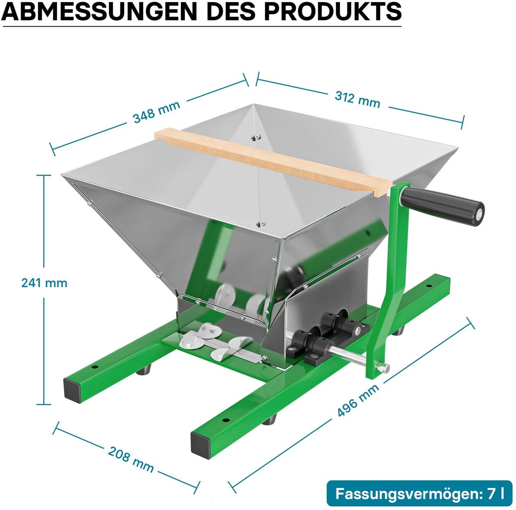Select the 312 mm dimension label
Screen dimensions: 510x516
(357, 100)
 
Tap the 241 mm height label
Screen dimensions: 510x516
(44, 283)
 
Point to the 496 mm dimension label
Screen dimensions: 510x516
(358, 401)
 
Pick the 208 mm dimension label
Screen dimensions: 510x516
(131, 459)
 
